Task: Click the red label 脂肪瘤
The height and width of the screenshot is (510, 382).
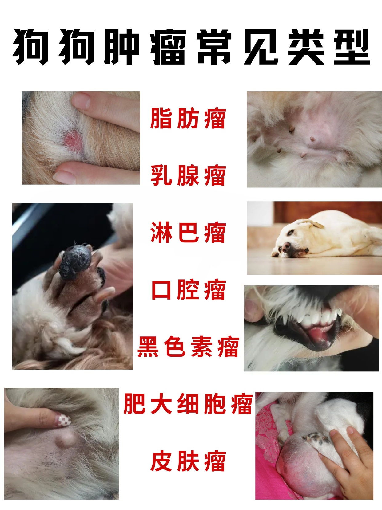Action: (188, 118)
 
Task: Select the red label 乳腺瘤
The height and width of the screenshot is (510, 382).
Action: (188, 175)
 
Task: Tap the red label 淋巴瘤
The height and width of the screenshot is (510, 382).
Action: (188, 233)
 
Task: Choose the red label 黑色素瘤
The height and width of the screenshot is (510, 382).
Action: (188, 347)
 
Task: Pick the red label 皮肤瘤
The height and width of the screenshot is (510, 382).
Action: (188, 461)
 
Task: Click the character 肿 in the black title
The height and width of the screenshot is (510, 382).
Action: (122, 47)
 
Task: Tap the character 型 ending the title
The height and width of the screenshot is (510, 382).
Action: (352, 47)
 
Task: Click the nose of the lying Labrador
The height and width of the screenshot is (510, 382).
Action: (286, 246)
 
